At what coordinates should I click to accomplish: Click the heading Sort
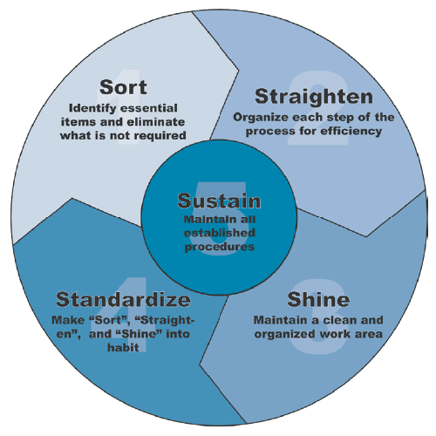click(123, 87)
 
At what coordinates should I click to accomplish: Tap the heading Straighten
click(313, 95)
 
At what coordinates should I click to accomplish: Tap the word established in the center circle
click(219, 233)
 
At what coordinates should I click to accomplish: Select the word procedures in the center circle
click(219, 246)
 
